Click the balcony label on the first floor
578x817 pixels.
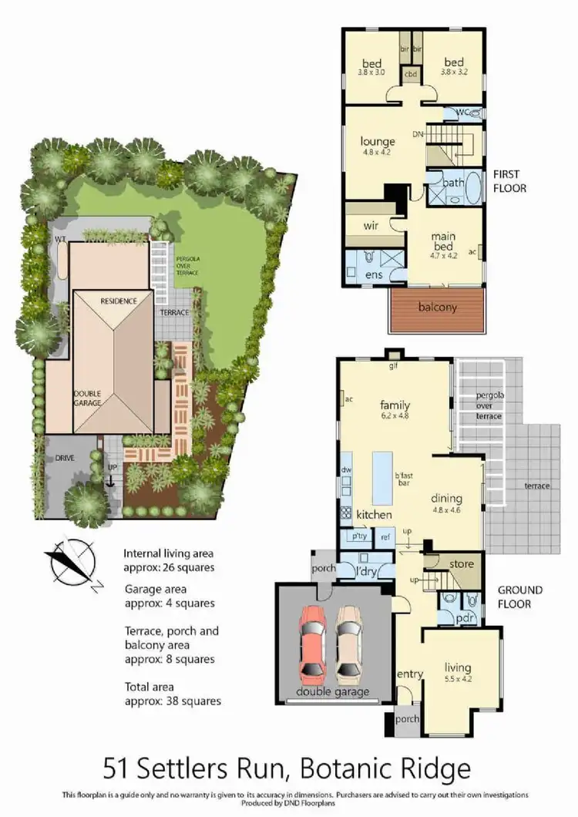click(438, 307)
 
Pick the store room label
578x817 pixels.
click(461, 564)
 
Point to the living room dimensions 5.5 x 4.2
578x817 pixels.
click(457, 679)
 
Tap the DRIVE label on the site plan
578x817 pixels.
click(65, 458)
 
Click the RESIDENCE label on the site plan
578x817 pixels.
click(117, 301)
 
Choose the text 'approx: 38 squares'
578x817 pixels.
click(173, 701)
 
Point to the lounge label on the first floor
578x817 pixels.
click(378, 142)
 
